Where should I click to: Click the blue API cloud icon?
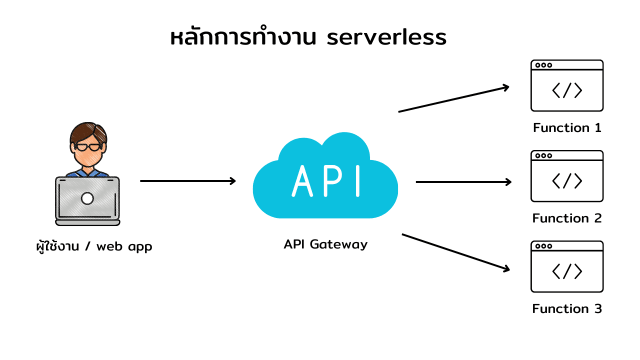click(325, 177)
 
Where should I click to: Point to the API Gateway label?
click(325, 244)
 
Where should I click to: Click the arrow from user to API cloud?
click(187, 181)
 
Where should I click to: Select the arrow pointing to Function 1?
click(453, 99)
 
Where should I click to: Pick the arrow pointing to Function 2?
click(463, 182)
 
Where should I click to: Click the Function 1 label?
click(567, 128)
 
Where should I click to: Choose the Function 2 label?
click(567, 218)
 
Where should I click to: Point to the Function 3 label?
click(567, 309)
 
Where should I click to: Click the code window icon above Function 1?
click(567, 85)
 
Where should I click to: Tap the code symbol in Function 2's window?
click(567, 180)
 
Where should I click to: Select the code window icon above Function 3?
click(567, 266)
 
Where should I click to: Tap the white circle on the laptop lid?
click(87, 198)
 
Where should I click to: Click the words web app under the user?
click(124, 246)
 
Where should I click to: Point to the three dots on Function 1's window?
click(543, 65)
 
